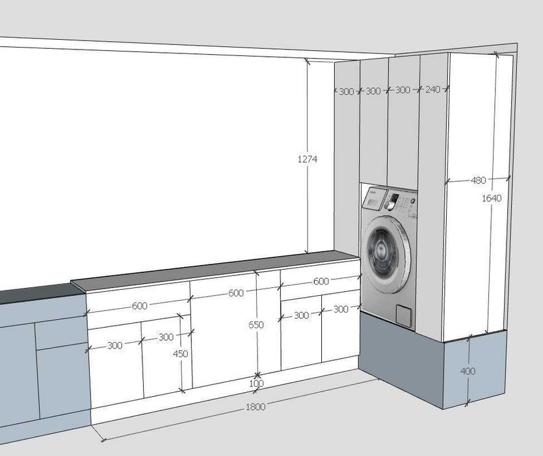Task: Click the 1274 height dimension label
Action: (x=308, y=160)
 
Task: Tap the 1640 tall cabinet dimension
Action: (x=492, y=198)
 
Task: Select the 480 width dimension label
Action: (x=478, y=180)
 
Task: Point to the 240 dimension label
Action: (x=433, y=89)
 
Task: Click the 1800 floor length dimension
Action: (x=256, y=406)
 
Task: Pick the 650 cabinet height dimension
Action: (x=256, y=325)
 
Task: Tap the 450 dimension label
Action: (x=180, y=354)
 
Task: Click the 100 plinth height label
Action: (x=256, y=384)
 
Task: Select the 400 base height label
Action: (x=468, y=371)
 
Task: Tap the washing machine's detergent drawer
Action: (x=373, y=199)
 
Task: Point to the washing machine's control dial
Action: (x=390, y=205)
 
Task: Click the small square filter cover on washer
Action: (x=404, y=315)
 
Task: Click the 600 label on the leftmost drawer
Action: (x=140, y=306)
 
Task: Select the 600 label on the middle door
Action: (x=236, y=293)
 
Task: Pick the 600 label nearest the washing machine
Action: (x=321, y=281)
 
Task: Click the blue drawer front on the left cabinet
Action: (x=61, y=332)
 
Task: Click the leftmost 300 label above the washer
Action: (x=347, y=92)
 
